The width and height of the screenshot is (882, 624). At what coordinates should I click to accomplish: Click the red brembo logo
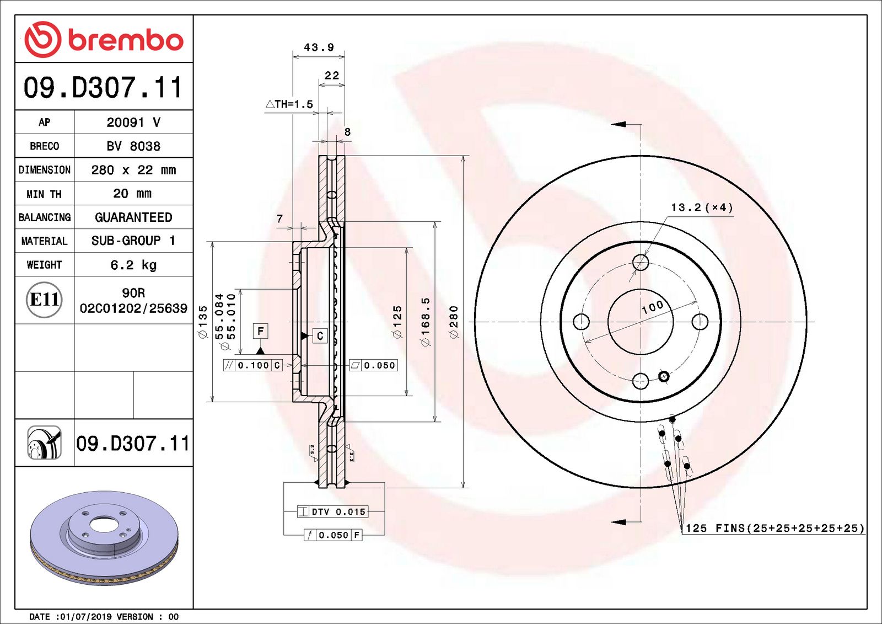click(x=104, y=39)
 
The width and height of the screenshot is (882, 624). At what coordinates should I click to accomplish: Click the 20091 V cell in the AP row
click(x=133, y=122)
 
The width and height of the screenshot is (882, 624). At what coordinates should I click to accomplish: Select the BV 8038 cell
click(x=133, y=146)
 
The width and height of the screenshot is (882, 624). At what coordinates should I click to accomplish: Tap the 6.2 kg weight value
click(x=133, y=265)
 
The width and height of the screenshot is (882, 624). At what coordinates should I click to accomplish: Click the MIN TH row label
click(x=44, y=194)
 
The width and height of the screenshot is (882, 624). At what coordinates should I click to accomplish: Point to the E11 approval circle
click(x=44, y=300)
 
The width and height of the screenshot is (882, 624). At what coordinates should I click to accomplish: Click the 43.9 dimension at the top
click(x=319, y=48)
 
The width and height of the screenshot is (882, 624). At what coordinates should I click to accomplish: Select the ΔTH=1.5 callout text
click(x=289, y=104)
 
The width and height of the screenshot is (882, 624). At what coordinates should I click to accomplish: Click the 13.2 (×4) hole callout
click(x=702, y=208)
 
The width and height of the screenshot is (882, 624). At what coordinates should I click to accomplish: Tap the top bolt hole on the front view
click(x=641, y=262)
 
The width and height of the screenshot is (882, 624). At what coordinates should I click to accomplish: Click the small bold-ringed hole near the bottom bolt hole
click(x=664, y=376)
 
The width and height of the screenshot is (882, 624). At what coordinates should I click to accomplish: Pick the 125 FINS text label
click(x=775, y=528)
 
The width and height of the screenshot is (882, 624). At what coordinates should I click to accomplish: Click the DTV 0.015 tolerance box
click(x=332, y=512)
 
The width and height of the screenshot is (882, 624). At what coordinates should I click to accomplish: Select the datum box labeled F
click(x=261, y=331)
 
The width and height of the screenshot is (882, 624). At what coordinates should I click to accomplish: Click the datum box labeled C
click(x=320, y=335)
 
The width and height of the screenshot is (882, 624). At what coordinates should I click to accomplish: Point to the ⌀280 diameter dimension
click(x=454, y=322)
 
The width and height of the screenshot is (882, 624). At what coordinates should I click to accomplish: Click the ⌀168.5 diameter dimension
click(x=425, y=322)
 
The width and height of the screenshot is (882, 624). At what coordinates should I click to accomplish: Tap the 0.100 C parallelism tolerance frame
click(x=253, y=365)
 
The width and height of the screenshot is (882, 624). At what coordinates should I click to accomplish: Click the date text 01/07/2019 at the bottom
click(x=82, y=617)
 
